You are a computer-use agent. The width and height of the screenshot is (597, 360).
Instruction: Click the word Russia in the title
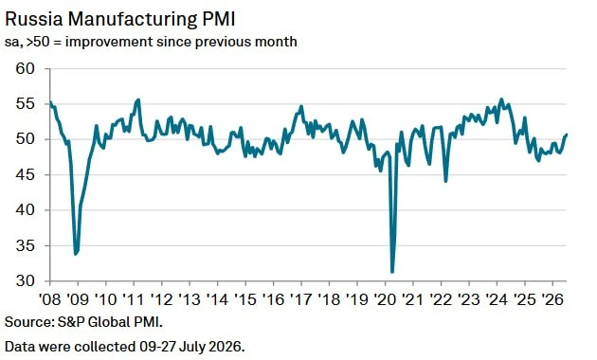33,19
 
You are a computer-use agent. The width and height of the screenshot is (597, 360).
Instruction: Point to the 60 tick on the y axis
26,68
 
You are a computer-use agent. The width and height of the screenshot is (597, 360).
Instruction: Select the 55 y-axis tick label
26,104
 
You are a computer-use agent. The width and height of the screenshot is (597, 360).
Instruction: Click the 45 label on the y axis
26,174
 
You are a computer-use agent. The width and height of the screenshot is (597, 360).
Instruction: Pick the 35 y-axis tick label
26,245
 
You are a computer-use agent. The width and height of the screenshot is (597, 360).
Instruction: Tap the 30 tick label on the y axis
26,280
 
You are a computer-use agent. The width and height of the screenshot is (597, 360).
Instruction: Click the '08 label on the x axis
50,299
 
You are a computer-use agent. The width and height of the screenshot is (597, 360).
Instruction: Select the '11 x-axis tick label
134,299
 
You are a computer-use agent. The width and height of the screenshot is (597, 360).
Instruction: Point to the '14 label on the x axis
217,299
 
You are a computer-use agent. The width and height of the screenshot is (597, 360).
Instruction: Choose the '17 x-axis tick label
301,299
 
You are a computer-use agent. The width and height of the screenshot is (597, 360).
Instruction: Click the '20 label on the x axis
385,299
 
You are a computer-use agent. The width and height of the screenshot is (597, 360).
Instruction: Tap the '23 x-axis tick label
469,299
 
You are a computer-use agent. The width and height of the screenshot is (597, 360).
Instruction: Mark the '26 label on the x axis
552,299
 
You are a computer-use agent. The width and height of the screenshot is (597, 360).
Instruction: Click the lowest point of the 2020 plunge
392,272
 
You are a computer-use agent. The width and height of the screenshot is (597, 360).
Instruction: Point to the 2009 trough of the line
76,254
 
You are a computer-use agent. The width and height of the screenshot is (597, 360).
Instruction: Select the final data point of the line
567,135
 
